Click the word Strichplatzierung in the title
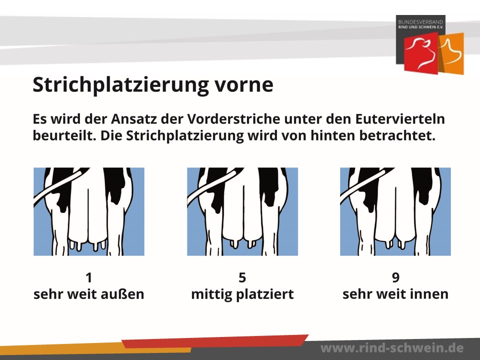120,85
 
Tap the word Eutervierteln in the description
400,119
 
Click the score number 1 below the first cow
89,277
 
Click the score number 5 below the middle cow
242,277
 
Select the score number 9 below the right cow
395,277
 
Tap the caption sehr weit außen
89,294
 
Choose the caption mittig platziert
242,294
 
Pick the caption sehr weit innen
395,294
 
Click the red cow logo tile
421,53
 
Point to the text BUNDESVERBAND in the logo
420,22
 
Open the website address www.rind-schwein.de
392,348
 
